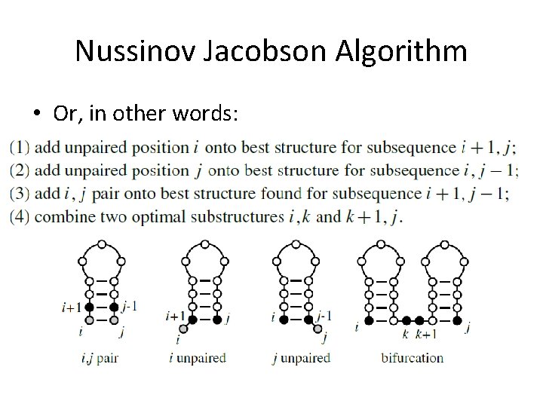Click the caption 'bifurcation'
(412, 357)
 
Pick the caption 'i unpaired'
(197, 357)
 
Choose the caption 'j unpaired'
(301, 357)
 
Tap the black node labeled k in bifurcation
(406, 320)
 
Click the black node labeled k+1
(419, 320)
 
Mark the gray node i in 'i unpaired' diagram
(182, 329)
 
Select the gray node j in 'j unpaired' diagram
(319, 329)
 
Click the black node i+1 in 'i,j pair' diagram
(90, 307)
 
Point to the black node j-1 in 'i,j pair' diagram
(115, 307)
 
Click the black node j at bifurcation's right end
(456, 320)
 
